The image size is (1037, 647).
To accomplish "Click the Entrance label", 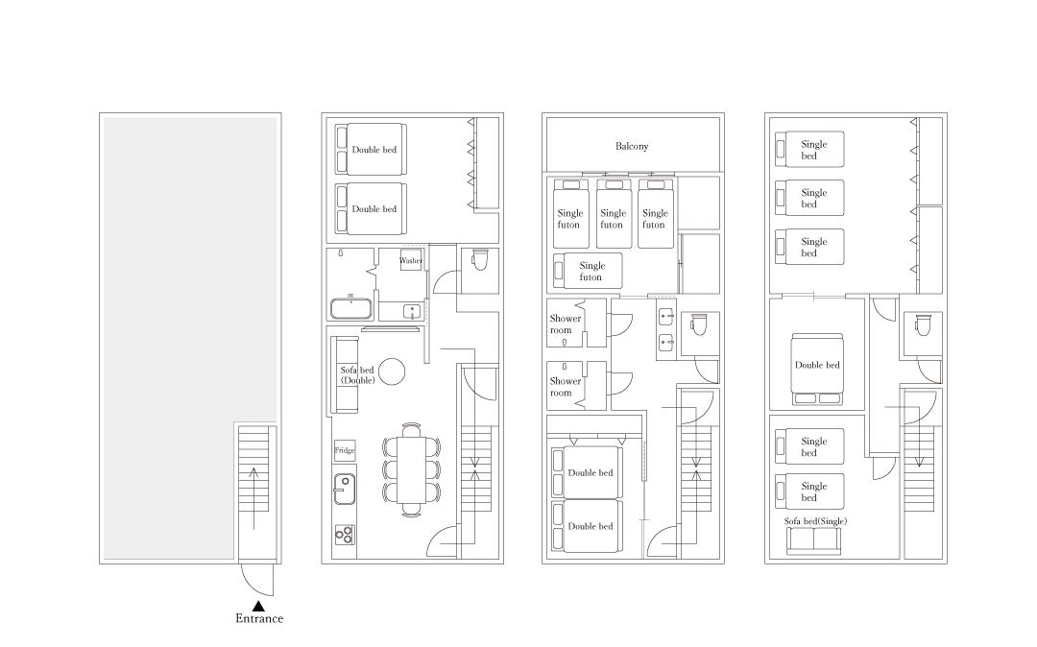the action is [259, 618].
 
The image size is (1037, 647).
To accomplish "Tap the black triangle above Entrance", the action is [258, 606].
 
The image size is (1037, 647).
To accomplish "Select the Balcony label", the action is [632, 146].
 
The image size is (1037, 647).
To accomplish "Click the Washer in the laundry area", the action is [411, 260].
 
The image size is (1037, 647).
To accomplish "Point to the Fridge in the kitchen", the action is [345, 451].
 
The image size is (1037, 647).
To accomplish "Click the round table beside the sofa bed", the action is [392, 371].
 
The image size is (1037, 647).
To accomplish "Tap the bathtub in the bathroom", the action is [351, 309].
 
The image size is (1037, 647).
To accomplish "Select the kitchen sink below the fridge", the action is [344, 489].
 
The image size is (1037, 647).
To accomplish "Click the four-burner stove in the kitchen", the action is [345, 534].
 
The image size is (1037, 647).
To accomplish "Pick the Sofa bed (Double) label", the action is [357, 375].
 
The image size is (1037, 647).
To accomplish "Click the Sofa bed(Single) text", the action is [815, 521].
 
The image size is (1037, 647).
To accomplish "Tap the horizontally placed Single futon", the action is [588, 271].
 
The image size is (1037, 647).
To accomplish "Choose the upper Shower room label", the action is [566, 323].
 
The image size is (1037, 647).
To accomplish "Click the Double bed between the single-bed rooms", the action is [817, 370].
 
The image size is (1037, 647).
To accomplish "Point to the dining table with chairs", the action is [411, 468].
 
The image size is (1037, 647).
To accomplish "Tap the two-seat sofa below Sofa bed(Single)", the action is [814, 542].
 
